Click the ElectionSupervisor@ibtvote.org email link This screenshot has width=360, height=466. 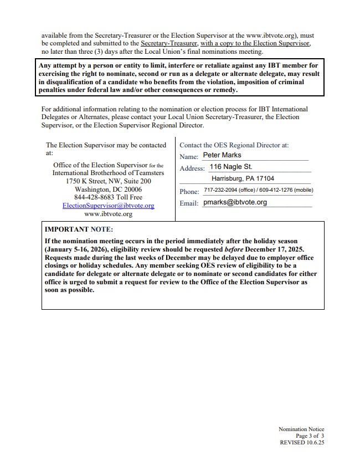point(108,206)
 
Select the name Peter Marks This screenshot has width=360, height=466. point(222,155)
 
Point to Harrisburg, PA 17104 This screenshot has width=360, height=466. point(243,178)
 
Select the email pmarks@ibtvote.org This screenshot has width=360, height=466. point(235,202)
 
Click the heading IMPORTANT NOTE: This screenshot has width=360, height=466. point(79,229)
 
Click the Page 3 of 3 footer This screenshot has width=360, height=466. point(310,436)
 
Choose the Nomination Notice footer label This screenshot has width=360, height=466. point(301,429)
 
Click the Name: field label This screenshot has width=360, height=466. point(189,157)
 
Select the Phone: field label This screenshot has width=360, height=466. point(189,192)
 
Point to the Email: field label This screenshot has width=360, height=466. point(189,204)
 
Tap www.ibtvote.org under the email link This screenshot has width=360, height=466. point(108,213)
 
